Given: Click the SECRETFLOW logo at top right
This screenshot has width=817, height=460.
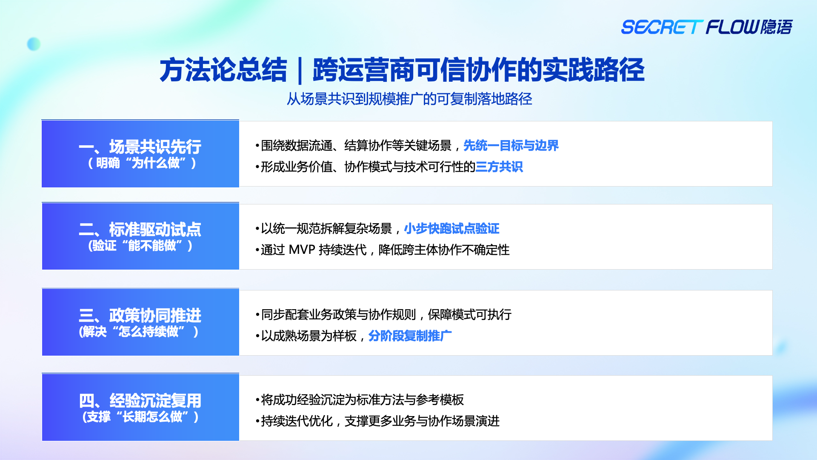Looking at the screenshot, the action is pos(707,27).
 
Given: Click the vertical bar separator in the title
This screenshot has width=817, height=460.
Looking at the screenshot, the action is pos(300,71).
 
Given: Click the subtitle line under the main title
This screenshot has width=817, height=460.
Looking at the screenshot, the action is pos(409,99).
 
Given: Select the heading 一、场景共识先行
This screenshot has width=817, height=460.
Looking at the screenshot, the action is pos(140,147).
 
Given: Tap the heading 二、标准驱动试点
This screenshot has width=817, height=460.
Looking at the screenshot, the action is pos(140,230).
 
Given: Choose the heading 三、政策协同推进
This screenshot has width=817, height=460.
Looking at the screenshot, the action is pos(140,316).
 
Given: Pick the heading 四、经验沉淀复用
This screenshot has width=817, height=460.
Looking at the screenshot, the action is pos(140,401).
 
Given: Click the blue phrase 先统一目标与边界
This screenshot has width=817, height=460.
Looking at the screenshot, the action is pos(511,146).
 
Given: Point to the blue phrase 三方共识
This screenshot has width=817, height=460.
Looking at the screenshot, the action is pos(499,167).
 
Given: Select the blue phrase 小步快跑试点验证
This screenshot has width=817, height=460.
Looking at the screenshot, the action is pos(451,229).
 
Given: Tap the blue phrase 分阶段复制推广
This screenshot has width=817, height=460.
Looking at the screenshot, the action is pos(410,336).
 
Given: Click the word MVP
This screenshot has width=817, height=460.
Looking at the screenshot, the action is pos(302,250).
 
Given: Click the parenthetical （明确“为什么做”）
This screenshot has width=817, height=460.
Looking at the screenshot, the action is pos(142,163).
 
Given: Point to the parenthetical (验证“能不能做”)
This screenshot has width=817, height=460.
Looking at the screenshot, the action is pos(140,246).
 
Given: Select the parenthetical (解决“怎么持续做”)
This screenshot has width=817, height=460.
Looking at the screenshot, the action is pos(139,332).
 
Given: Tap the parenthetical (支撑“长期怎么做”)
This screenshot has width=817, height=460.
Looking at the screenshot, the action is pos(140,417).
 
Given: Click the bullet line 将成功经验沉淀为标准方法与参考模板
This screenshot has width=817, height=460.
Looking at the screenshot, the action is pos(360,400).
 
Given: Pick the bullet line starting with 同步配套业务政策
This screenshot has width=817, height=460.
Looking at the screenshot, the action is pos(383,315).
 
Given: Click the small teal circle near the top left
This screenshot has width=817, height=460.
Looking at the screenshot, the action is pos(34,44).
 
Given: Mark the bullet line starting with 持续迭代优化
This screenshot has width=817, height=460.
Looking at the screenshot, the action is pos(377,421).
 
